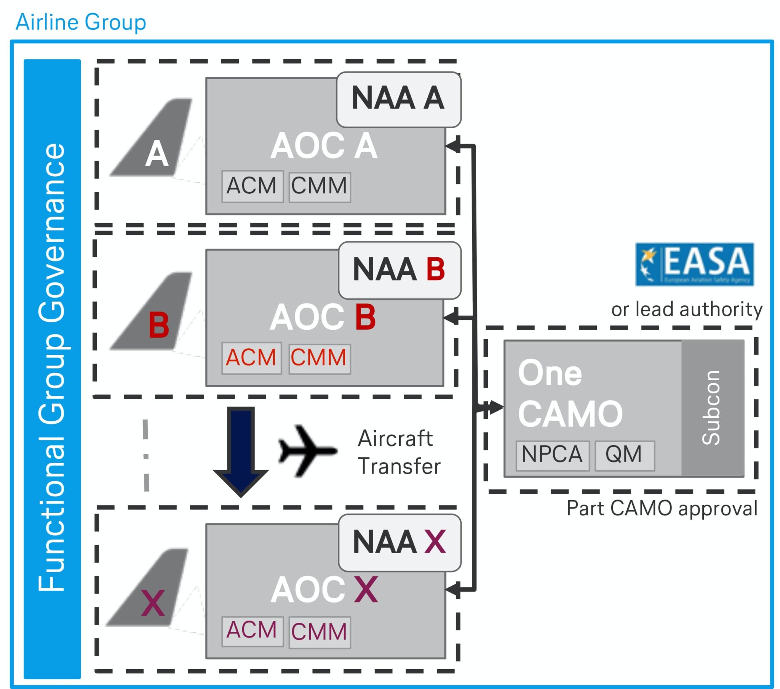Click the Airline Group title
(80, 22)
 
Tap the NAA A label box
(398, 99)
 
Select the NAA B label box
(400, 270)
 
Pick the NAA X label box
(400, 542)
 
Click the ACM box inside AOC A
(252, 186)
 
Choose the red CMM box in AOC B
(320, 358)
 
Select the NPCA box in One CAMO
(552, 455)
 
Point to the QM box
(624, 455)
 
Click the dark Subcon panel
(713, 408)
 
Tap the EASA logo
(694, 264)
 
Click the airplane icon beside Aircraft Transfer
(307, 451)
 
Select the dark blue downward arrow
(241, 450)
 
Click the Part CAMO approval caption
(661, 509)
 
